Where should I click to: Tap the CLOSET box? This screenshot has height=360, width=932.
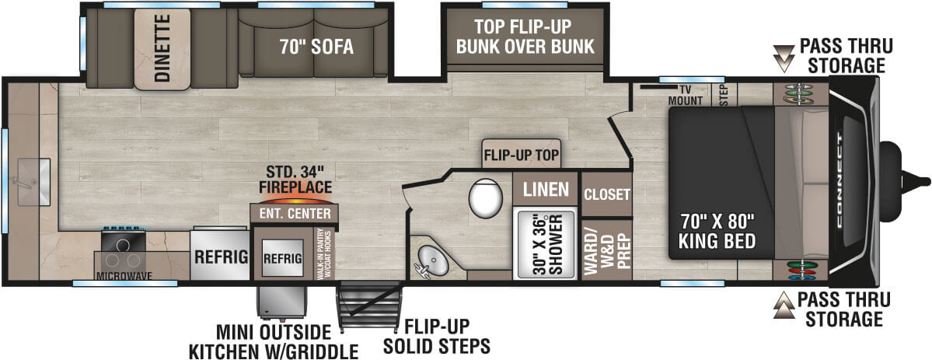click(606, 194)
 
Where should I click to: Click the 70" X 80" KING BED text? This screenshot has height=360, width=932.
click(717, 231)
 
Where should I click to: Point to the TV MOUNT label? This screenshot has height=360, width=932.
click(680, 95)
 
